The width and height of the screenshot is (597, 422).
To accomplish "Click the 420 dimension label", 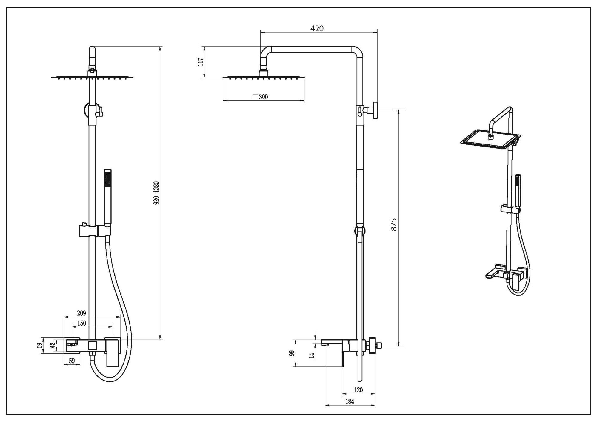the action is pyautogui.click(x=317, y=28).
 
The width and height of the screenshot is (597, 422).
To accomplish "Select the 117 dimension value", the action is pyautogui.click(x=201, y=62).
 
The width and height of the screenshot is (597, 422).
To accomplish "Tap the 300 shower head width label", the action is pyautogui.click(x=263, y=97).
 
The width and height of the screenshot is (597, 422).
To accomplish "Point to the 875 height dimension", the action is pyautogui.click(x=394, y=224).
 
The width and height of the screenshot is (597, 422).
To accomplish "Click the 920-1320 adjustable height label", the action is pyautogui.click(x=156, y=193).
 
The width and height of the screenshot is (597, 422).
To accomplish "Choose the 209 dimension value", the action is pyautogui.click(x=81, y=313).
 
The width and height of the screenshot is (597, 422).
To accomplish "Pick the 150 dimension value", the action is pyautogui.click(x=81, y=323).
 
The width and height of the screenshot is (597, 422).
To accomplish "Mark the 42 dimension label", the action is pyautogui.click(x=53, y=345).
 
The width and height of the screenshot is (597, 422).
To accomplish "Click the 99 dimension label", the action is pyautogui.click(x=292, y=353).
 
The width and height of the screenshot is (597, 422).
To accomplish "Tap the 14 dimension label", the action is pyautogui.click(x=312, y=355).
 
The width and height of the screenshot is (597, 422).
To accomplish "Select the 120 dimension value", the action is pyautogui.click(x=358, y=390).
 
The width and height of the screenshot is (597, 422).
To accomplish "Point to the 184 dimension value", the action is pyautogui.click(x=350, y=402).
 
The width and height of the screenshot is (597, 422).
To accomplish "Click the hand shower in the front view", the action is pyautogui.click(x=107, y=197).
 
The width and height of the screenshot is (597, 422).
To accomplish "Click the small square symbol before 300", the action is pyautogui.click(x=255, y=97).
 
